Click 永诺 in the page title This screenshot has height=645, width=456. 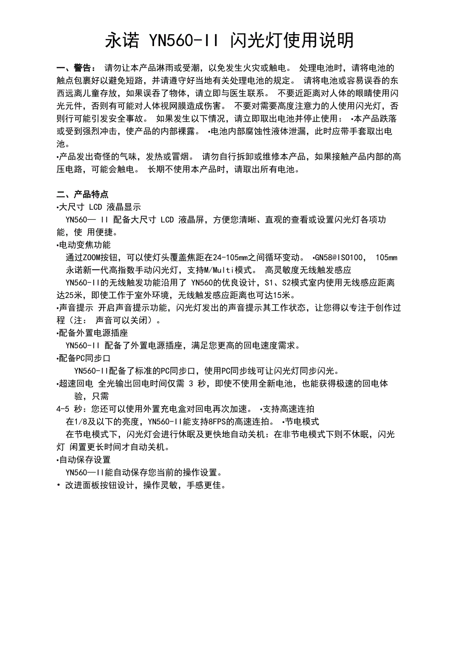(122, 40)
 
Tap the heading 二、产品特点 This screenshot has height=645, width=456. (83, 194)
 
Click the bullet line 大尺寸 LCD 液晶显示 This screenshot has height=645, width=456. (100, 207)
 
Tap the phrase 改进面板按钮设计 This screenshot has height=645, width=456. (99, 485)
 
